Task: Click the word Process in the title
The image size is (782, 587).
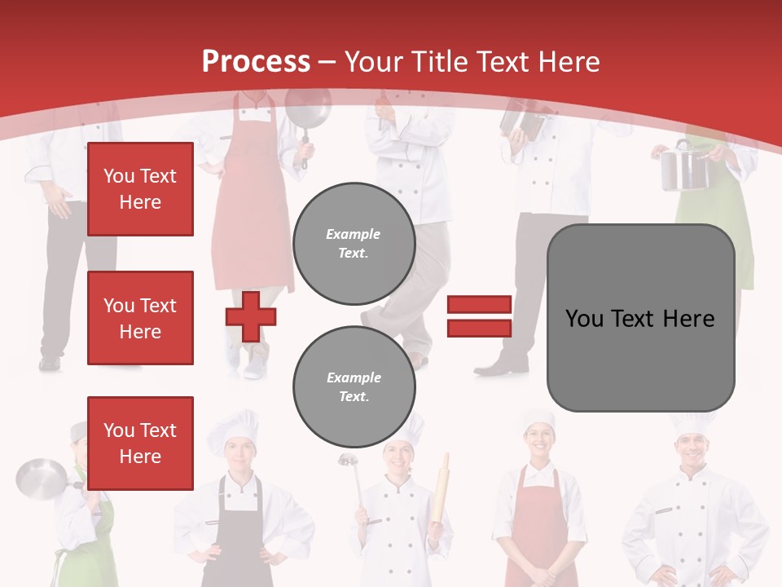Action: pos(256,61)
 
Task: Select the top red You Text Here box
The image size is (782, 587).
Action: pos(140,189)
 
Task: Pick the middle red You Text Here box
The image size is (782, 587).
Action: pos(140,318)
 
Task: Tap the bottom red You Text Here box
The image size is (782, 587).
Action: pos(140,443)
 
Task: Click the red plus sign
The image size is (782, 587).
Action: pos(251,316)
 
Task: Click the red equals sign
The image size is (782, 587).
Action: pos(479,316)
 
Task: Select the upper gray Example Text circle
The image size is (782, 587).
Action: pos(354,243)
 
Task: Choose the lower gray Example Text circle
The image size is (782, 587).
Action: pos(354,386)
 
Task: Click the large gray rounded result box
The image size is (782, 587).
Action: pos(640,318)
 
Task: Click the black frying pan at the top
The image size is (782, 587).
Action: pos(307,110)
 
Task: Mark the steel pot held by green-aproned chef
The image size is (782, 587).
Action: pos(683,167)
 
